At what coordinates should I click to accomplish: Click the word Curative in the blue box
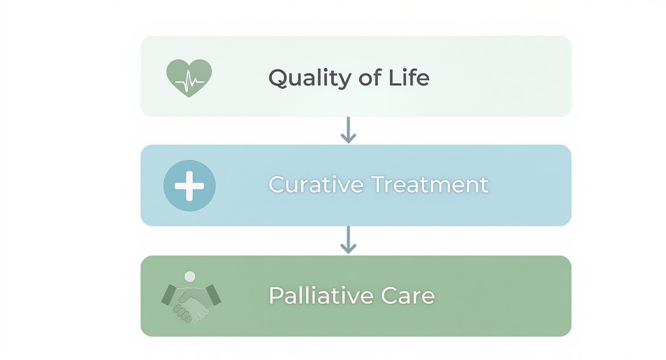point(315,185)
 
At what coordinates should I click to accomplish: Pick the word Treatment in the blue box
point(429,185)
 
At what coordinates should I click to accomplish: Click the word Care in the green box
point(408,296)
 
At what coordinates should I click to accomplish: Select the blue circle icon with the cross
point(189,186)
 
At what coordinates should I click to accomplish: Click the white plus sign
point(189,186)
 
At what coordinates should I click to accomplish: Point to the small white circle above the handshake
point(190,276)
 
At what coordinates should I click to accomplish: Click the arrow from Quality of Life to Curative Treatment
point(348,130)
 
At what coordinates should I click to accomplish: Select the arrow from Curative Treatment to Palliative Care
point(348,240)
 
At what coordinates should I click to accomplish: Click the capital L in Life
point(394,78)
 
